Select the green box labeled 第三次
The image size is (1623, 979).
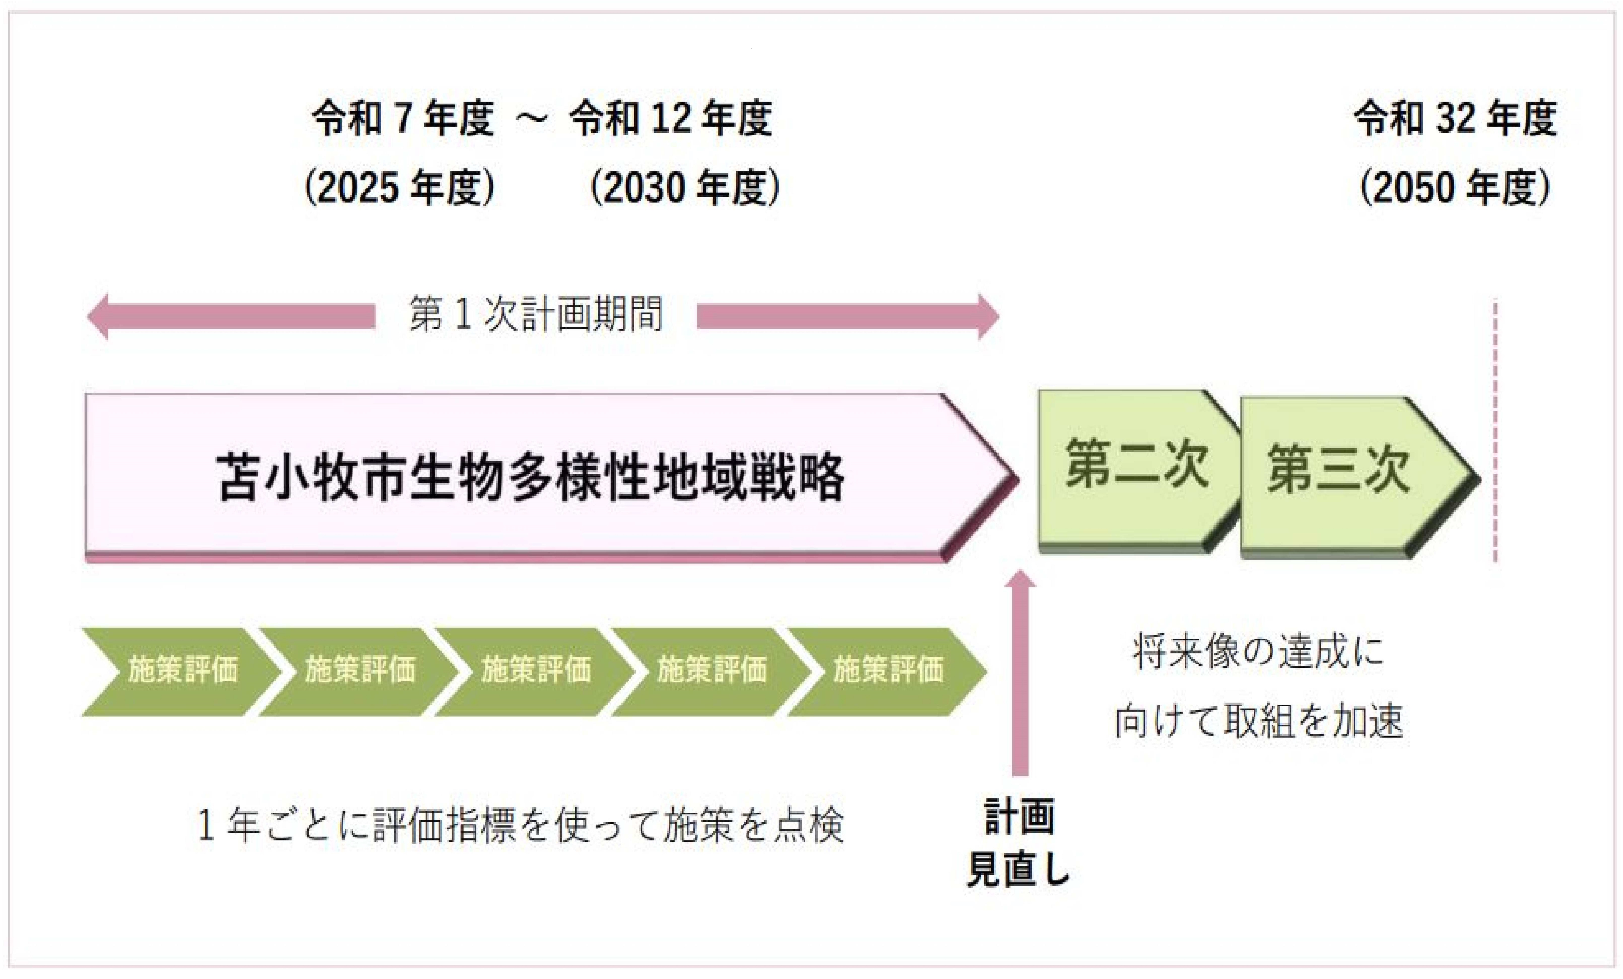coord(1357,477)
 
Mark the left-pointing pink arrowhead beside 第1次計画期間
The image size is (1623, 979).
coord(99,317)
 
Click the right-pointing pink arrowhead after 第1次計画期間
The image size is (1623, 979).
coord(988,317)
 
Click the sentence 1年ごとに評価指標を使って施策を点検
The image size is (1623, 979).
coord(520,825)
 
